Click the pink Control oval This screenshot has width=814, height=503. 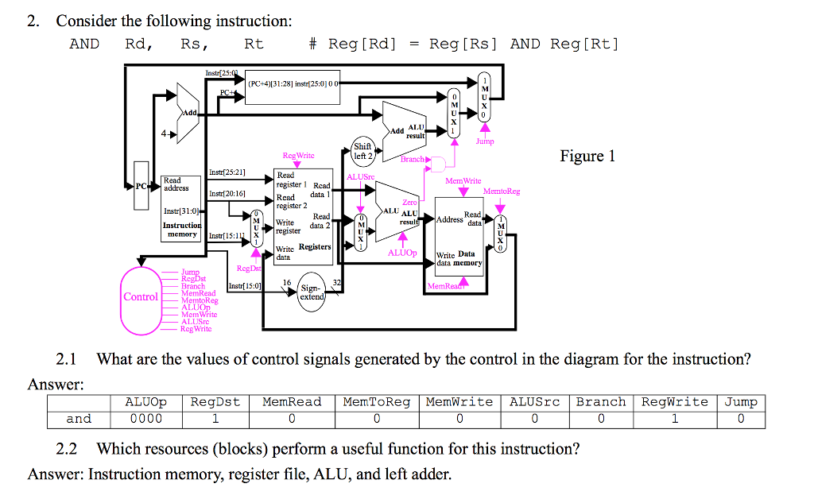click(141, 296)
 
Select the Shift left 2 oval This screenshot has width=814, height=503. click(362, 151)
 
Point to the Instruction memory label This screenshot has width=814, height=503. click(182, 230)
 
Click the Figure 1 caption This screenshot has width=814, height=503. click(587, 156)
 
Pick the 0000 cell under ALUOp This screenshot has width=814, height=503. click(145, 419)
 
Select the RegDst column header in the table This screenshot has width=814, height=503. click(215, 402)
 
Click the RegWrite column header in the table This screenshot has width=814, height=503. click(674, 402)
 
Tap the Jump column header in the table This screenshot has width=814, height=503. click(740, 402)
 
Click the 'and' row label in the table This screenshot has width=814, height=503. click(79, 419)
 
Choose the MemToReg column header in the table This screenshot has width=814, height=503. click(376, 402)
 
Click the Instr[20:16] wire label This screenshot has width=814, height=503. click(227, 193)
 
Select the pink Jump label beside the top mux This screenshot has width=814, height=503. click(485, 141)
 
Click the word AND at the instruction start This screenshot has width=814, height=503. click(84, 44)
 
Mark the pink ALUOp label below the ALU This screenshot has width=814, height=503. click(402, 253)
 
